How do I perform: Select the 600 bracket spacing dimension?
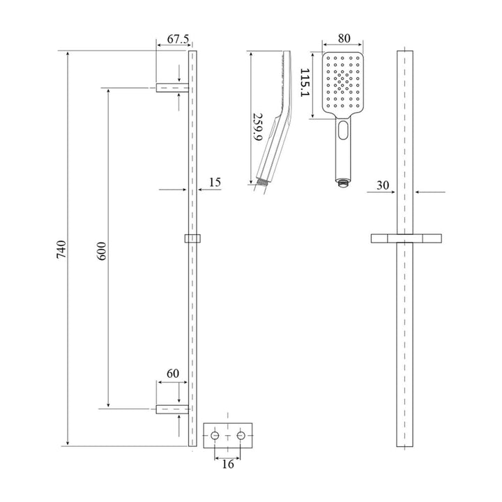[x=102, y=250]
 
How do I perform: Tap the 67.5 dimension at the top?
[x=172, y=40]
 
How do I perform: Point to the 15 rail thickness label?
[x=215, y=182]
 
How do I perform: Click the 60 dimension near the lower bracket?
[x=172, y=374]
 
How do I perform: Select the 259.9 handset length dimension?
[x=257, y=128]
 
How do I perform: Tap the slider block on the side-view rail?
[x=193, y=238]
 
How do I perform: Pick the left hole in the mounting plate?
[x=215, y=436]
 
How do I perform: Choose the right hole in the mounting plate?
[x=241, y=436]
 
